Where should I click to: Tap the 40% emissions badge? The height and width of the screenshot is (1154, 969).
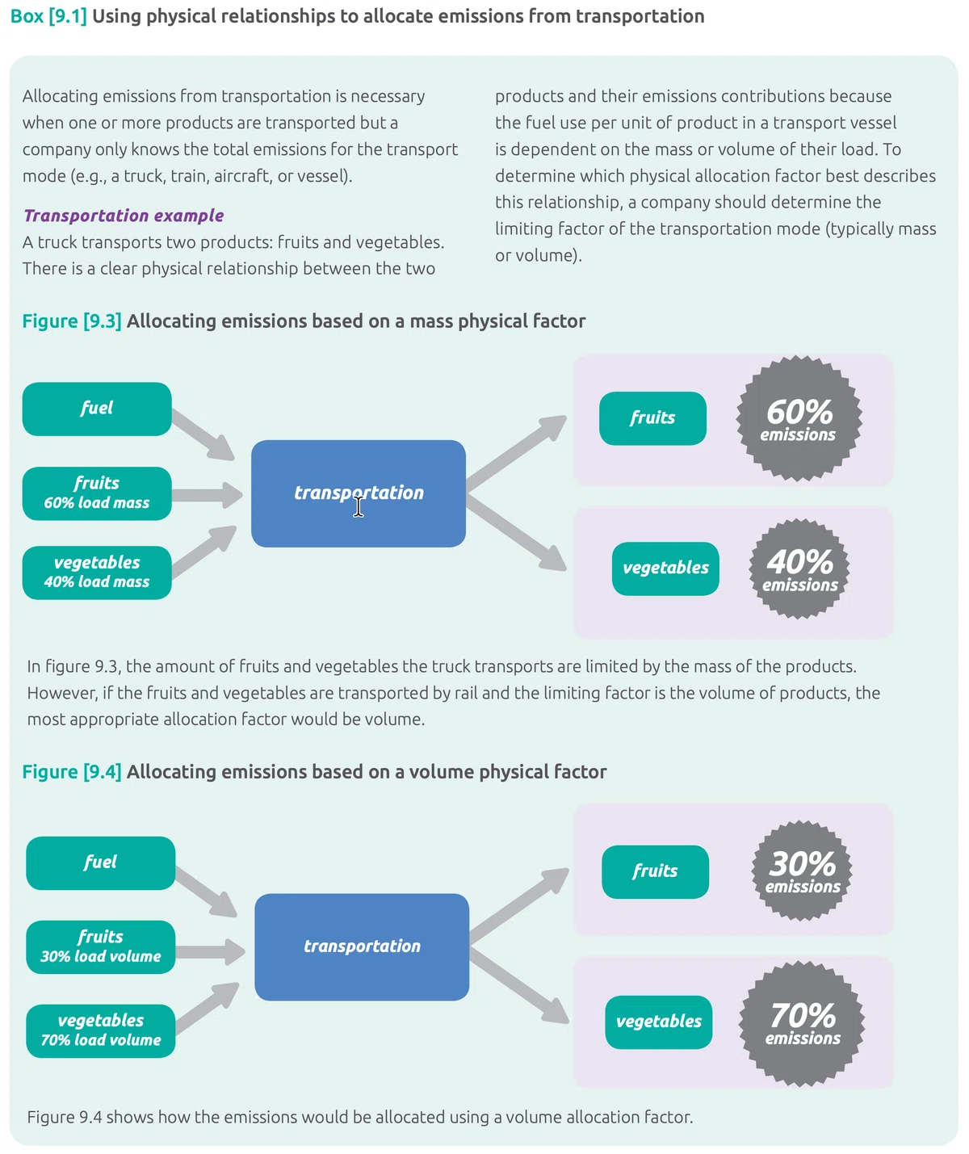[x=799, y=569]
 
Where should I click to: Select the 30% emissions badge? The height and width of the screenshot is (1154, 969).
[x=802, y=871]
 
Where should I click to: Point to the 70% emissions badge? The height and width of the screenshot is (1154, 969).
[x=802, y=1023]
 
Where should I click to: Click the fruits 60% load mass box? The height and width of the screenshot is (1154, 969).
[x=97, y=493]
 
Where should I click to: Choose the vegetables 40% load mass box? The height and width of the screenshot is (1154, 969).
[x=97, y=573]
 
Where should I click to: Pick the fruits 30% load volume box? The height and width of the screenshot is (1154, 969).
[x=101, y=946]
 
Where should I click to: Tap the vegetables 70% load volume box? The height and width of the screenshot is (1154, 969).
[x=101, y=1030]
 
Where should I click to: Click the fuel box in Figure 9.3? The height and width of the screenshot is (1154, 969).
[x=97, y=409]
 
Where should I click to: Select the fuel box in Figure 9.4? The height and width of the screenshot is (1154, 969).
[x=101, y=862]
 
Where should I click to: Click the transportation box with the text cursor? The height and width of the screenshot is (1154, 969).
[x=359, y=493]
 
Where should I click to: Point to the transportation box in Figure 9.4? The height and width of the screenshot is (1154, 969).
[x=362, y=946]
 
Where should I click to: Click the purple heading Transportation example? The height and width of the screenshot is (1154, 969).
[x=124, y=216]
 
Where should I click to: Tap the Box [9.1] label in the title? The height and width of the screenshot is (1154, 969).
[x=48, y=16]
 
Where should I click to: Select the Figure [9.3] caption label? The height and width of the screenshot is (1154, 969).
[x=72, y=321]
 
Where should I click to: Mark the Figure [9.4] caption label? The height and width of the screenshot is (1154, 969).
[x=72, y=771]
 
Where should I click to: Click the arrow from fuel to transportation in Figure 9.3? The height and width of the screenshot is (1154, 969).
[x=203, y=434]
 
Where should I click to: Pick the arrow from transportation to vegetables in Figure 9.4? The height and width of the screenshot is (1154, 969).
[x=519, y=984]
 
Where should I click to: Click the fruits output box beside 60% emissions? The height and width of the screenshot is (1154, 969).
[x=652, y=418]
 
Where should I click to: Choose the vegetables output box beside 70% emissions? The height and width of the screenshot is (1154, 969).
[x=659, y=1022]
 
